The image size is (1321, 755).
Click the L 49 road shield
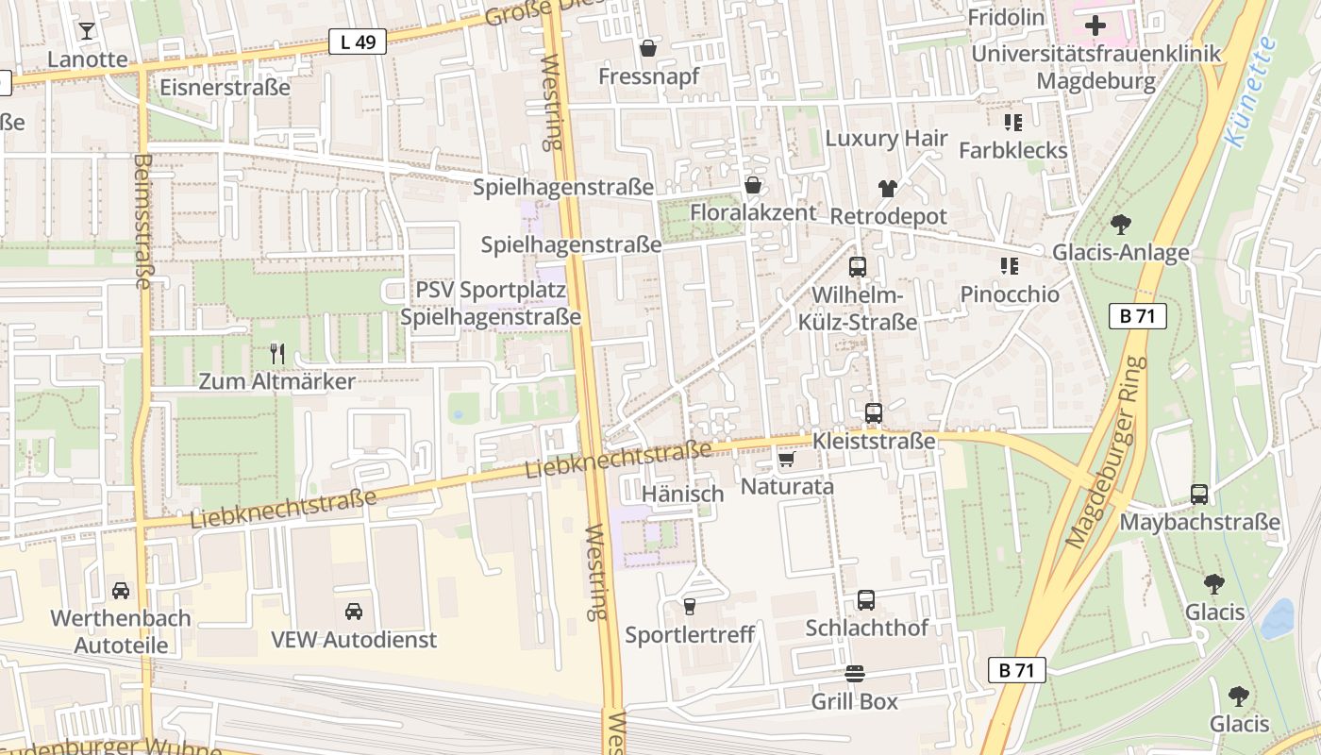click(x=358, y=42)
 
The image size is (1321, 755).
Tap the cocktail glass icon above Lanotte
click(x=87, y=31)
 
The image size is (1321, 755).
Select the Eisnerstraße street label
click(x=225, y=88)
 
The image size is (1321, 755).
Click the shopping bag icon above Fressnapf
click(x=648, y=48)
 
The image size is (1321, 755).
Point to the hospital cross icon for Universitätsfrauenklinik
click(x=1095, y=25)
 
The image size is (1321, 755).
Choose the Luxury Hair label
click(x=886, y=138)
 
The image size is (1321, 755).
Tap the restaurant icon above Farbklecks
click(x=1012, y=123)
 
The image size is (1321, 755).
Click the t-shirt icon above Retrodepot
click(x=887, y=189)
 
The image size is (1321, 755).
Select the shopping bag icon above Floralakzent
click(x=753, y=185)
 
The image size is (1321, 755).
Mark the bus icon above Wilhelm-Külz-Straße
click(x=857, y=267)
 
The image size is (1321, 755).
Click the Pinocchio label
click(x=1010, y=294)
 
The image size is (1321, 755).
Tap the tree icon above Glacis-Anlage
click(x=1120, y=225)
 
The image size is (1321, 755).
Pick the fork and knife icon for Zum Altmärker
click(x=276, y=354)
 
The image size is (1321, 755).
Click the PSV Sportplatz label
click(x=491, y=289)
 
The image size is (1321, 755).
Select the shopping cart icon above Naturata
click(x=786, y=460)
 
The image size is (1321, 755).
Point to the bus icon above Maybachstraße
click(x=1198, y=494)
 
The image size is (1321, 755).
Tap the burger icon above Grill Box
click(x=855, y=674)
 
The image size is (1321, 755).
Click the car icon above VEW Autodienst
click(x=354, y=612)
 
